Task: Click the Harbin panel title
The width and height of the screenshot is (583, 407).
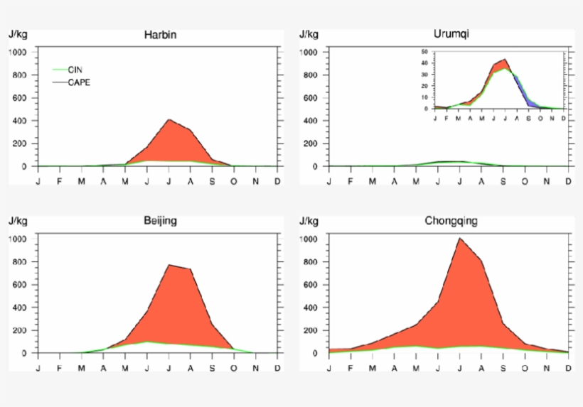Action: click(x=160, y=34)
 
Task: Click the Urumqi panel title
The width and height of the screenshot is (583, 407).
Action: click(x=451, y=33)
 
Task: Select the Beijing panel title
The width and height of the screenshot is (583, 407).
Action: click(x=160, y=221)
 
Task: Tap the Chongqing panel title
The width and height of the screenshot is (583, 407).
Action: click(x=451, y=221)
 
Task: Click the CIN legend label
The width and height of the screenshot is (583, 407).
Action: click(x=75, y=70)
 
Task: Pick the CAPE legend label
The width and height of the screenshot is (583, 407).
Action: click(x=79, y=82)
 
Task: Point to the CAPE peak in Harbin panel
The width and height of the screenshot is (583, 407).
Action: click(x=169, y=119)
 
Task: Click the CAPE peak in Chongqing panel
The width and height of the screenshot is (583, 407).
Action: click(x=459, y=239)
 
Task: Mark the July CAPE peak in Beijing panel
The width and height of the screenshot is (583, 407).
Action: click(x=169, y=265)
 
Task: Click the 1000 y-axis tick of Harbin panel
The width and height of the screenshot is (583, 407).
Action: click(x=18, y=53)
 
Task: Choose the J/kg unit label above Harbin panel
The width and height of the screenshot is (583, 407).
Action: click(x=18, y=33)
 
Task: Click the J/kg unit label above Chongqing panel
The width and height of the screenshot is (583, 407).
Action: click(x=309, y=221)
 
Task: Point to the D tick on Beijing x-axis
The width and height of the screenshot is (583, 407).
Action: click(x=277, y=368)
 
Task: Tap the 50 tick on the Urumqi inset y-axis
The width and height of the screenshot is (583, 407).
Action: click(x=424, y=52)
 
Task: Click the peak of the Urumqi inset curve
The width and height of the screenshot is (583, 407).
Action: click(x=505, y=60)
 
